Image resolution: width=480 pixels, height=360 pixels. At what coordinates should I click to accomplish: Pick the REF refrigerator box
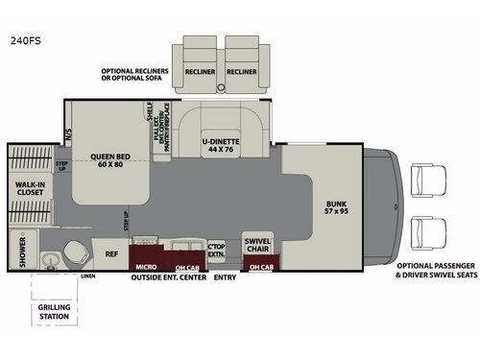point(111,255)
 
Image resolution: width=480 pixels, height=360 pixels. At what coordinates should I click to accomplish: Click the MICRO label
point(146,264)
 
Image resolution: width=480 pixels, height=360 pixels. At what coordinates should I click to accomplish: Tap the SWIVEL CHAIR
point(257,245)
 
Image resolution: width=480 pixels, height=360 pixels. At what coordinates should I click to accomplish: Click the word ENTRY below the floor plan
point(225,277)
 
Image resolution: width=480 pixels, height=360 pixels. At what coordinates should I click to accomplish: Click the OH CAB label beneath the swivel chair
point(259,265)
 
